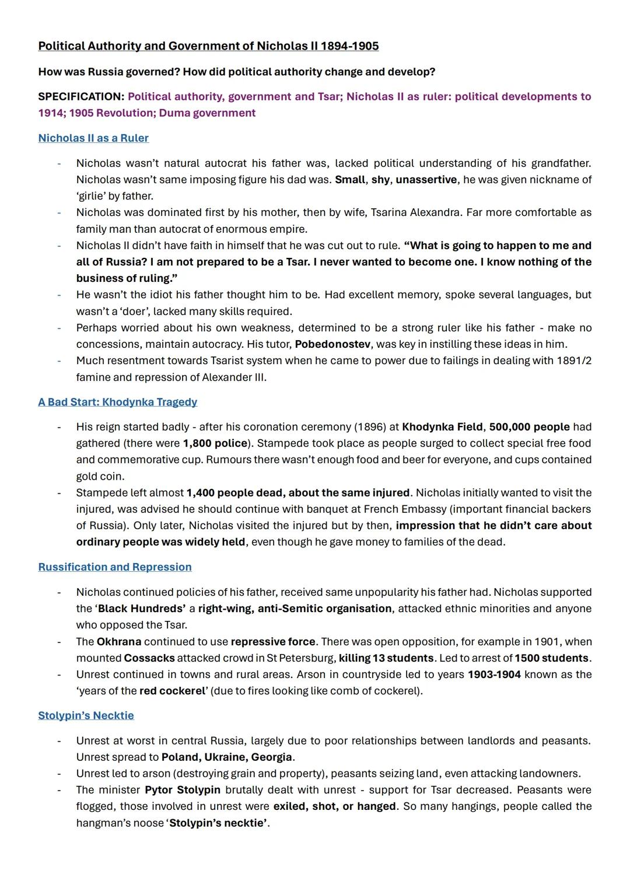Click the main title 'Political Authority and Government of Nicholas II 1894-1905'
208,46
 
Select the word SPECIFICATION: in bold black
81,97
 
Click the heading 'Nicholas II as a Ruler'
93,138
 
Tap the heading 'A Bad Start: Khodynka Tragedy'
117,402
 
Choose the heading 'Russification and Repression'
115,567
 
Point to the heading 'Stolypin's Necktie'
86,715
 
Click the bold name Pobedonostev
334,344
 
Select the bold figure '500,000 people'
529,427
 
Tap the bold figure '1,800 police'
215,443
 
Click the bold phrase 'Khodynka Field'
442,427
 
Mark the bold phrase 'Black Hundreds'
141,609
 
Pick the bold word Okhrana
119,642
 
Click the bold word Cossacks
149,658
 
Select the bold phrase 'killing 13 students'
386,658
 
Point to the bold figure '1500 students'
552,658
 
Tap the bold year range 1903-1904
494,675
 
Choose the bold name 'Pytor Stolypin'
183,790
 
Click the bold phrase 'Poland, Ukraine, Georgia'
226,757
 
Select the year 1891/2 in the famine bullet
574,361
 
